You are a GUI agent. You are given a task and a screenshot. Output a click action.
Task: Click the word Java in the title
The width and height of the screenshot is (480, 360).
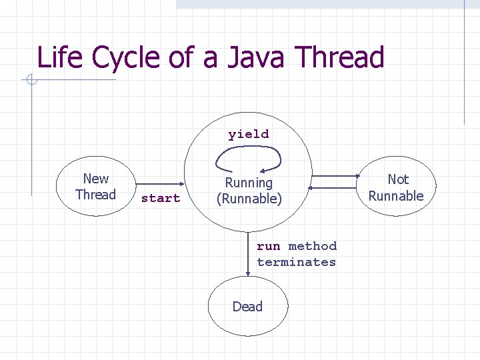[255, 57]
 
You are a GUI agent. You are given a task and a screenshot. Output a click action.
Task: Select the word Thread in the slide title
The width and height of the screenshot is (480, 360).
[339, 57]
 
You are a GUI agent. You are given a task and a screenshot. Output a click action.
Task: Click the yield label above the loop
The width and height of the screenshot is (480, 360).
[249, 134]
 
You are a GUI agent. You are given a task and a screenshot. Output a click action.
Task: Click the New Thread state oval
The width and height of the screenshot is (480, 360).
[96, 187]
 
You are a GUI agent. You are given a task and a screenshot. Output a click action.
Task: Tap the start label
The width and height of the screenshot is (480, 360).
[161, 198]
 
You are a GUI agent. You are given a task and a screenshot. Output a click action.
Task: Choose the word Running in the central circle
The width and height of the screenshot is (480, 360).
[249, 183]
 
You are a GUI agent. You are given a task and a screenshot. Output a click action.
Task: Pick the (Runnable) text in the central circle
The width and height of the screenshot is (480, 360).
[249, 199]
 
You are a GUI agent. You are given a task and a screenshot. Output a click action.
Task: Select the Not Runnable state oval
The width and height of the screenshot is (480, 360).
[397, 187]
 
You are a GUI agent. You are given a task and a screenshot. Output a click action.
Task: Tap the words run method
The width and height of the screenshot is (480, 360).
[297, 247]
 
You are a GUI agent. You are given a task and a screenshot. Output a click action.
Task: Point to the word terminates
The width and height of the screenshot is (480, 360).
[297, 262]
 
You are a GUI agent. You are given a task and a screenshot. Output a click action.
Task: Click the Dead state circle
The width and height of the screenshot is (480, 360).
[248, 307]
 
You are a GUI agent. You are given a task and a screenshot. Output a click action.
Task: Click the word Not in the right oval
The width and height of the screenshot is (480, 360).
[398, 179]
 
